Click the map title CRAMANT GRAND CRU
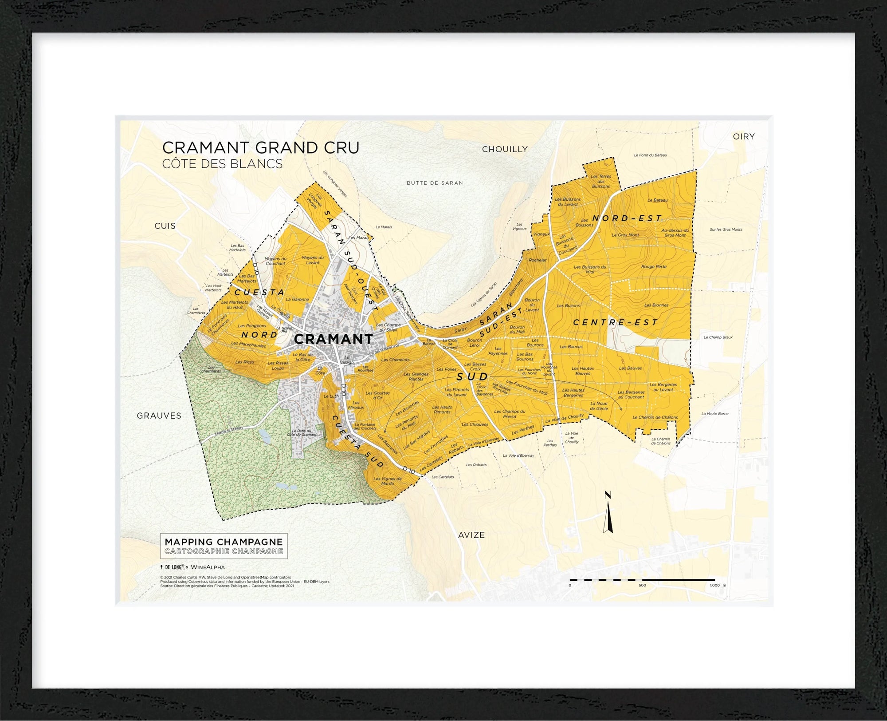tap(261, 147)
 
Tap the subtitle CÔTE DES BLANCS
tap(222, 164)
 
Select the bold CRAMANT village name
tap(334, 339)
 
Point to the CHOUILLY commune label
tap(505, 150)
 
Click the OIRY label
tap(744, 137)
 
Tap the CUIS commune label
tap(165, 226)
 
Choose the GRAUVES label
tap(159, 416)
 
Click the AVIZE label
tap(471, 535)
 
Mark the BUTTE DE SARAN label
tap(435, 183)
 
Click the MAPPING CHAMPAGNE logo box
tap(224, 546)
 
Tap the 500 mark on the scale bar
tap(642, 585)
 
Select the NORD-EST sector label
tap(627, 218)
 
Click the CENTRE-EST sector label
tap(616, 322)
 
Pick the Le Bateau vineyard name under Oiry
tap(657, 200)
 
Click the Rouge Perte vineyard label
tap(654, 267)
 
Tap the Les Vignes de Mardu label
tap(387, 481)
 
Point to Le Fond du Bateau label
tap(650, 155)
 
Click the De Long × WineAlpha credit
tap(192, 567)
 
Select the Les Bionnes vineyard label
tap(656, 305)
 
